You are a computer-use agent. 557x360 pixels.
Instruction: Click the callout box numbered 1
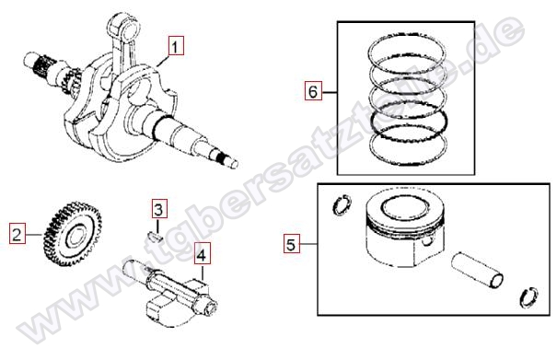176,45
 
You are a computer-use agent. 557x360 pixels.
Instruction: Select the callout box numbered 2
17,234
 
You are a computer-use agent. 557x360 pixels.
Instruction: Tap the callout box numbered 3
158,209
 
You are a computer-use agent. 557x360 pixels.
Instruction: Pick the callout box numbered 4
202,254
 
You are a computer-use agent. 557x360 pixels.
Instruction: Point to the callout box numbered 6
313,90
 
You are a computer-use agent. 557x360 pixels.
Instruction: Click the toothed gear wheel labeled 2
73,234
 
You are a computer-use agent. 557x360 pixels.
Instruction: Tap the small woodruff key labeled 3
156,237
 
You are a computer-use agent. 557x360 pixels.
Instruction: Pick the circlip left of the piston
342,205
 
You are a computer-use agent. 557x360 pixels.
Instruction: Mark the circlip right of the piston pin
529,296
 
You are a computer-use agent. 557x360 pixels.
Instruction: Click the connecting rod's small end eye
124,28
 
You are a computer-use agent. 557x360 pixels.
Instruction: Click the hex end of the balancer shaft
208,305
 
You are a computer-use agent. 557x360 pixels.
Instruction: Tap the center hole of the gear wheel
75,236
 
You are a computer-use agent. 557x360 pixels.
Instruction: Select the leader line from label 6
330,92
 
